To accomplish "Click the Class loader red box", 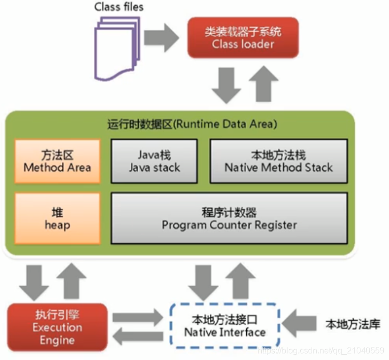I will [x=243, y=38].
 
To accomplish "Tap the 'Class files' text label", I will [x=119, y=7].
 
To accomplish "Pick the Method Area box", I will [x=57, y=161].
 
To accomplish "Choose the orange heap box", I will [x=57, y=218].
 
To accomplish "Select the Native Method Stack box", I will [x=278, y=161].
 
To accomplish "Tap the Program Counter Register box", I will [x=229, y=218].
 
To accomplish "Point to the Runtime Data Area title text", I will [x=192, y=124].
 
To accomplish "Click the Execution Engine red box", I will [x=57, y=327].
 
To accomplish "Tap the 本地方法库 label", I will [x=353, y=325].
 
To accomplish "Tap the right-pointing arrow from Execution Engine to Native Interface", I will [x=138, y=316].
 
